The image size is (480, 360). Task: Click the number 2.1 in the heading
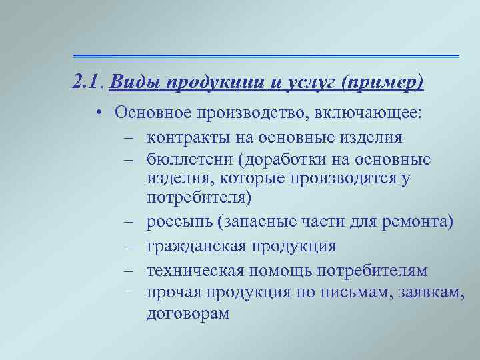87,83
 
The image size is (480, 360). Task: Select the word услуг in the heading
305,83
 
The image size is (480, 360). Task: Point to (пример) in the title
381,83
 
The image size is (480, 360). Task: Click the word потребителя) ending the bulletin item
199,198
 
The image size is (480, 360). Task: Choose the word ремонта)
420,222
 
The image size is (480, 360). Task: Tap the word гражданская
195,247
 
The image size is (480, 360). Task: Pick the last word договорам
187,314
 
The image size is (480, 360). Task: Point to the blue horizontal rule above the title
267,55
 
